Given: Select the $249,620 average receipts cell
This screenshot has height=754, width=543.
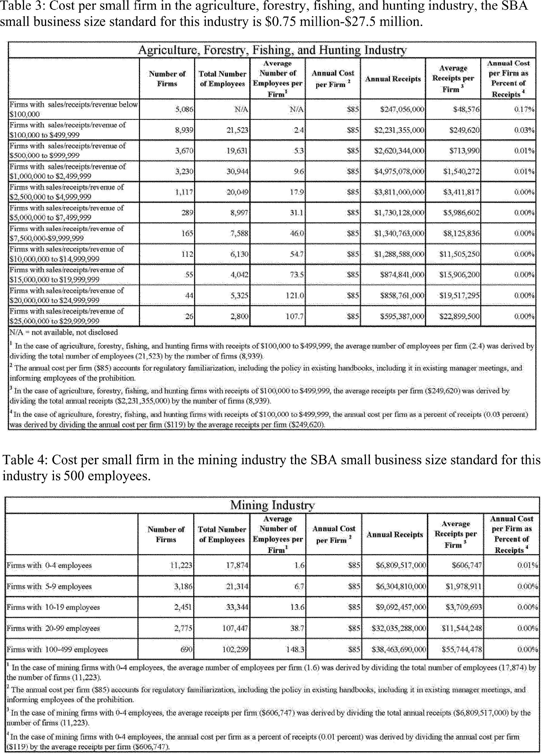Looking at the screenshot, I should coord(464,130).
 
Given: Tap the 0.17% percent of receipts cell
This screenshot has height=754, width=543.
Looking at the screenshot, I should coord(524,109).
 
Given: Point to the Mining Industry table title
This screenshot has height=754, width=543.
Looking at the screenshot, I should coord(272,505).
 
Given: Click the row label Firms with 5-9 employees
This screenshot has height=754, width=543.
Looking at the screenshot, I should coord(49,586).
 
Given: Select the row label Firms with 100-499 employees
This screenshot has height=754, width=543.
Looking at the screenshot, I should coord(57,649).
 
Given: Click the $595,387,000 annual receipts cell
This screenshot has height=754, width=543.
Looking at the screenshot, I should coord(402,316).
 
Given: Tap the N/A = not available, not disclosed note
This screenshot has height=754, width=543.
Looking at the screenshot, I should coord(63,332).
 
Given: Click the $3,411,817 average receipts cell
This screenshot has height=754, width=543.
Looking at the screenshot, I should coord(461,192).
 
